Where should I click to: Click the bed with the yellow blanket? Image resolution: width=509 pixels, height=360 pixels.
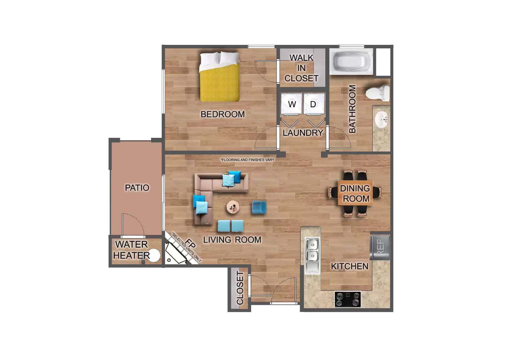point(220,77)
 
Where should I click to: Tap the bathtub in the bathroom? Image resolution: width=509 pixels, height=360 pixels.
point(351,61)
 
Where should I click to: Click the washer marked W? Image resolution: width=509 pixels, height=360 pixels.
point(291,104)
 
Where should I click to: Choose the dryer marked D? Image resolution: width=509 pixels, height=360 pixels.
point(314,104)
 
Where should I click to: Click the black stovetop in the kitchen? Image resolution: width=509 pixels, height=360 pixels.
point(347,299)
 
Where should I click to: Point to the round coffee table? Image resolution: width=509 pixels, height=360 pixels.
point(233,207)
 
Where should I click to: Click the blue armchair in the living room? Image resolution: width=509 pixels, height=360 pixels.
point(259,208)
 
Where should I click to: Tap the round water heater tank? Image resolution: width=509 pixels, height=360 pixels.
point(154,256)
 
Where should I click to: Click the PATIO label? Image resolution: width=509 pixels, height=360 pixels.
point(137,188)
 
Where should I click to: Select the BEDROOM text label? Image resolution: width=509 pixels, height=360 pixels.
point(223,114)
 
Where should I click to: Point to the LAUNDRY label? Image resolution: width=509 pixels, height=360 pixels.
point(303,133)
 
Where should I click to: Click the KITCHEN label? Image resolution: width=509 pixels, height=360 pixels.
point(349,266)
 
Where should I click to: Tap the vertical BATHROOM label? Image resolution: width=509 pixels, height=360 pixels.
point(352,109)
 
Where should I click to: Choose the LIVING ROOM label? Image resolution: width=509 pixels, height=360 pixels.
point(232,240)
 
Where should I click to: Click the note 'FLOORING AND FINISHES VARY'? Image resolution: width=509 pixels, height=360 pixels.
point(247,160)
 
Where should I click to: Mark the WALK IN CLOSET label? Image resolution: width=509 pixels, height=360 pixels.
point(301,68)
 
